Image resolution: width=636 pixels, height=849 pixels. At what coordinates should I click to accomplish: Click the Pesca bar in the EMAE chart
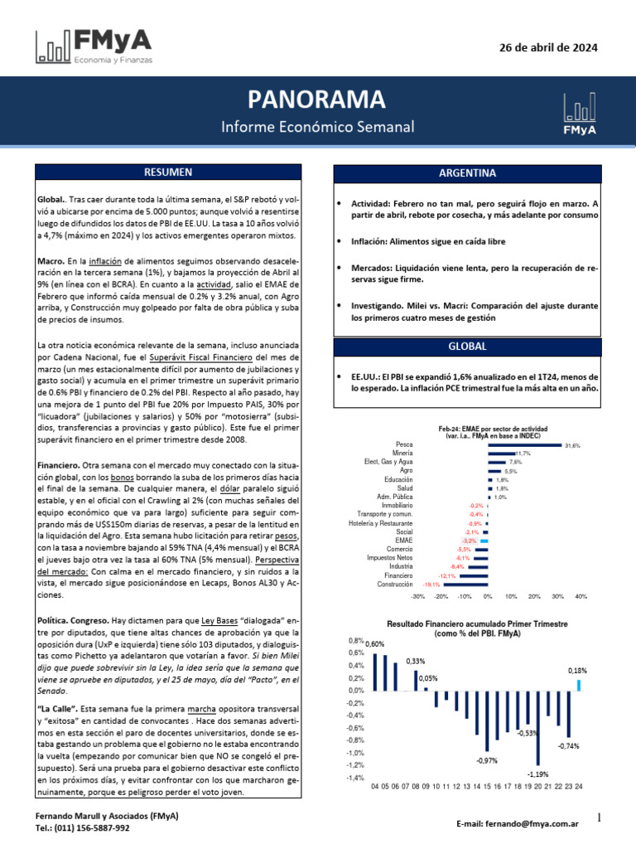pyautogui.click(x=524, y=445)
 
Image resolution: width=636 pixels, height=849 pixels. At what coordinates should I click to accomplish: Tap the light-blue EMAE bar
pyautogui.click(x=480, y=540)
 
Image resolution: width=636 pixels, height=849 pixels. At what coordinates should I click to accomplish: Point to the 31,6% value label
pyautogui.click(x=572, y=446)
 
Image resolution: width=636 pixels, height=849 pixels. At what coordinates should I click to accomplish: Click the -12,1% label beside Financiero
pyautogui.click(x=446, y=575)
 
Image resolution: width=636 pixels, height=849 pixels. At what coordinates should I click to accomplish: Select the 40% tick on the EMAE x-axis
pyautogui.click(x=581, y=596)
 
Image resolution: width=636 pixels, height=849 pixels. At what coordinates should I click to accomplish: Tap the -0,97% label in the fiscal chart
pyautogui.click(x=486, y=760)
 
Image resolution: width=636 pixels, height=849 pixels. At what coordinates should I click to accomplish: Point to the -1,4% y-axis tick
pyautogui.click(x=354, y=778)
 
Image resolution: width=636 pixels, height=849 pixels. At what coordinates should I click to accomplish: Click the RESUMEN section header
pyautogui.click(x=168, y=172)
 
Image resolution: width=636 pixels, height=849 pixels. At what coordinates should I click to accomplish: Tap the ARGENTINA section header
pyautogui.click(x=466, y=174)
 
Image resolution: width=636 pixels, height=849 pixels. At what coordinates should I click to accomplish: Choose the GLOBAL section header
pyautogui.click(x=466, y=347)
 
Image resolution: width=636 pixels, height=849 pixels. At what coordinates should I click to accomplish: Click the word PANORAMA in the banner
pyautogui.click(x=317, y=100)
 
